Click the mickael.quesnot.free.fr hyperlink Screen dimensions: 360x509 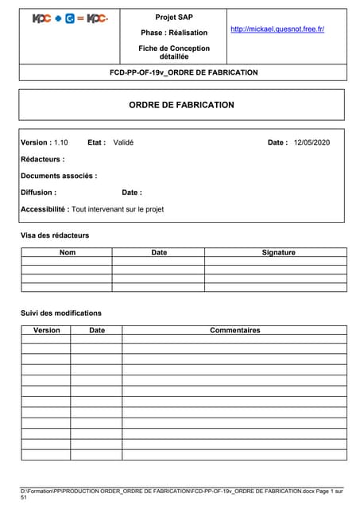(277, 29)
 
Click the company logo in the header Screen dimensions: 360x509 (71, 18)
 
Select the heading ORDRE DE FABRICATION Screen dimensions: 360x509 (181, 105)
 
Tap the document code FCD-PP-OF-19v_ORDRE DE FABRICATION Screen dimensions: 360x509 (184, 72)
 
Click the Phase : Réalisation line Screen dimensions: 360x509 (173, 33)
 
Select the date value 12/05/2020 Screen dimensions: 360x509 (312, 142)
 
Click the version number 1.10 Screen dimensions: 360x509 (61, 142)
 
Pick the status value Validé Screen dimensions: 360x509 (123, 142)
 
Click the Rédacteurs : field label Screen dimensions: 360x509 (43, 159)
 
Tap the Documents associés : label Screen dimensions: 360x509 (59, 176)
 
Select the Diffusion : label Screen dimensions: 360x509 (38, 192)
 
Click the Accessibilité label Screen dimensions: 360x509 (45, 209)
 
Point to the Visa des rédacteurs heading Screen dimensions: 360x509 (55, 235)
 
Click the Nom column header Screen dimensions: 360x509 (68, 252)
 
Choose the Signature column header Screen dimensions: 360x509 (278, 252)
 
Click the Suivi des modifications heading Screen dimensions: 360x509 (61, 313)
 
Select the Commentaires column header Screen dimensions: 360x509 (234, 330)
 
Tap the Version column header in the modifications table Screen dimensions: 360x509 (46, 330)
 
